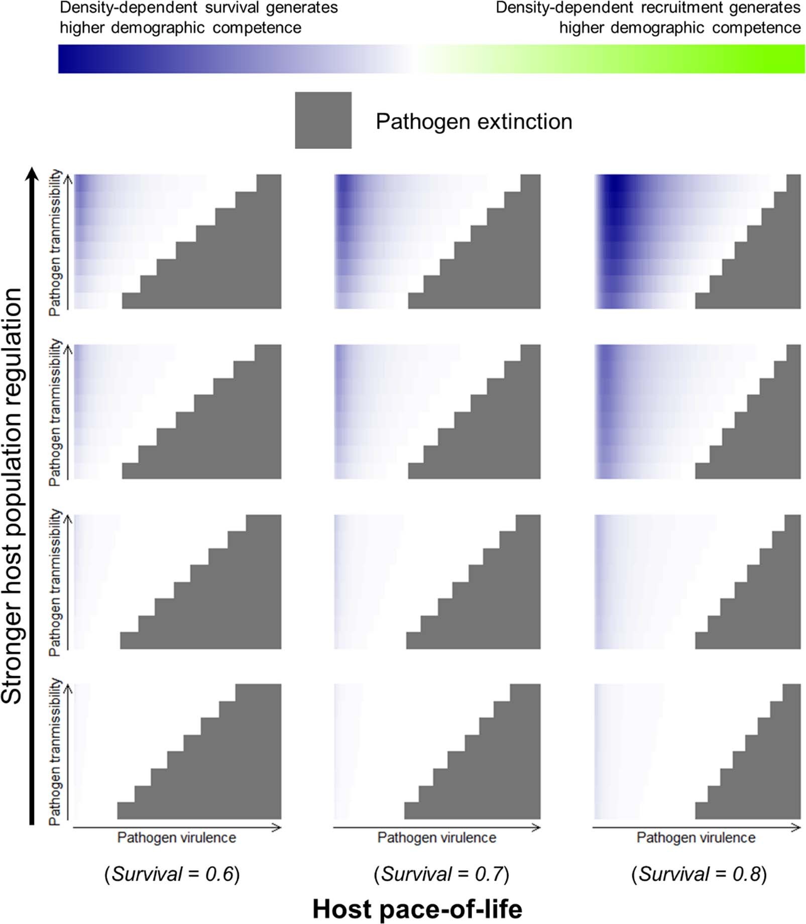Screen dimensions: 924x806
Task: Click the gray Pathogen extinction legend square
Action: click(x=323, y=120)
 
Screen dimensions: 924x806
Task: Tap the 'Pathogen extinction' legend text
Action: click(x=474, y=122)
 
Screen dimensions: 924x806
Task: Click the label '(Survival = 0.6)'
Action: click(x=172, y=874)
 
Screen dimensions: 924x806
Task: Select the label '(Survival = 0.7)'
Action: click(x=441, y=874)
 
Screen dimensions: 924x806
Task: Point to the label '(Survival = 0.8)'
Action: click(x=699, y=874)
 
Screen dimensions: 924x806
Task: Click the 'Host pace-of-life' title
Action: click(x=417, y=909)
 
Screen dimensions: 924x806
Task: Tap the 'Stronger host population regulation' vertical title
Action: click(x=12, y=495)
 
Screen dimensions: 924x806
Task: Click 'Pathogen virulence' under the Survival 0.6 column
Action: click(x=176, y=838)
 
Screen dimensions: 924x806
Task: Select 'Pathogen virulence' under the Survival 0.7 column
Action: click(x=436, y=838)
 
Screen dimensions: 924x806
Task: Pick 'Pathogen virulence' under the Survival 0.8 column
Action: click(x=696, y=838)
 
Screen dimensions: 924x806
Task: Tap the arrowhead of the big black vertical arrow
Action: click(x=32, y=174)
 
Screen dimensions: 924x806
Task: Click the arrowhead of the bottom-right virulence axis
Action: click(x=796, y=828)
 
